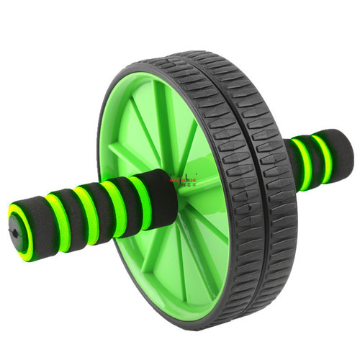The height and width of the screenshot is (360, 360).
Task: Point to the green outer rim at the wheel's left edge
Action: (104, 144)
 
